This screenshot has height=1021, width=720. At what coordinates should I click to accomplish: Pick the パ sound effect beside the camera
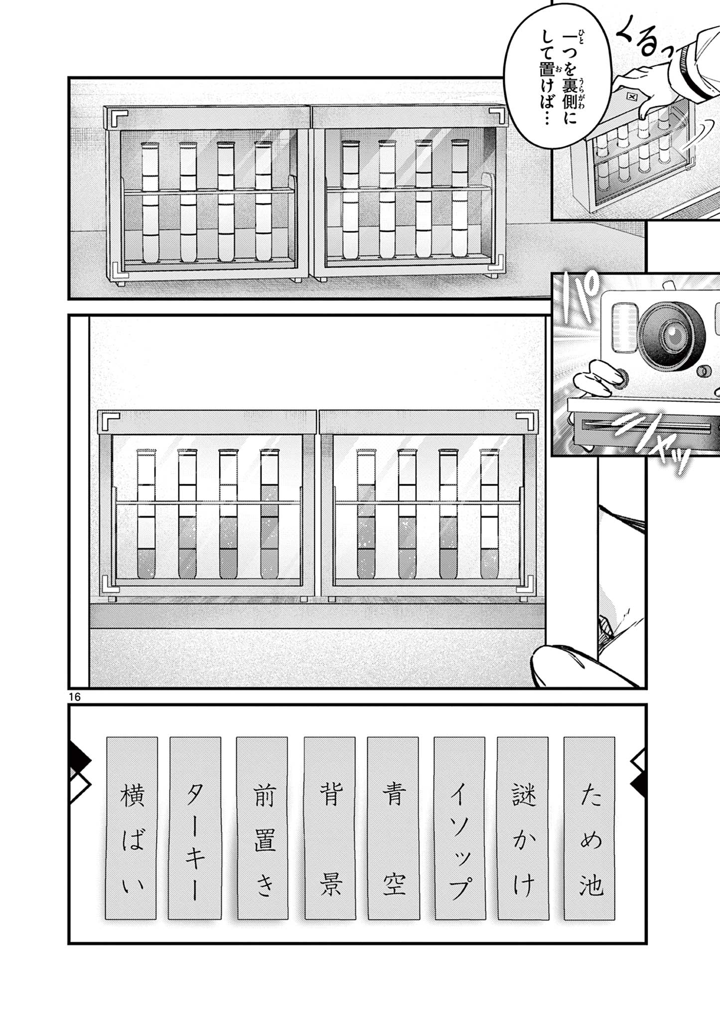coord(578,300)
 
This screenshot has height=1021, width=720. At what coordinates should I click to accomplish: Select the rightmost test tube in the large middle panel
coord(489,513)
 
